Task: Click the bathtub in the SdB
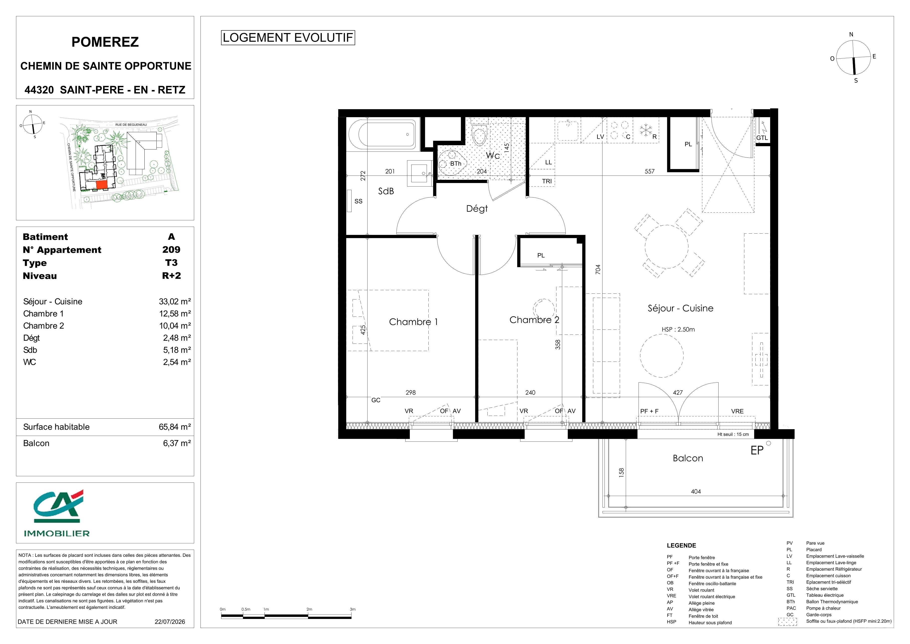(383, 134)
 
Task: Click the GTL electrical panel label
(762, 138)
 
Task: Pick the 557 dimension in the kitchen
(650, 171)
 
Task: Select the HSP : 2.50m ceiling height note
(678, 329)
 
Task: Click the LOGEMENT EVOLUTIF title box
(288, 38)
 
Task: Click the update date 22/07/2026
(170, 621)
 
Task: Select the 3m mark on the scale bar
(352, 609)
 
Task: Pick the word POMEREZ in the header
(105, 42)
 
